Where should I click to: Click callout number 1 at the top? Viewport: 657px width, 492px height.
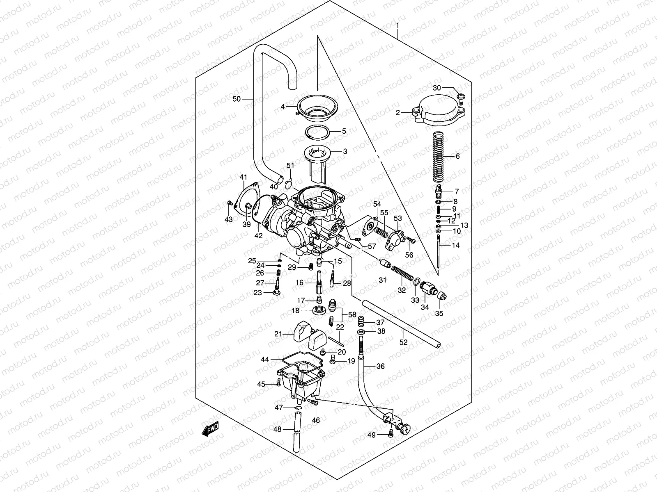[397, 26]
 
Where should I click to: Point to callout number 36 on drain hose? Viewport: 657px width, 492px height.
[380, 366]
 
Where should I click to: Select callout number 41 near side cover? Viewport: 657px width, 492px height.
[244, 177]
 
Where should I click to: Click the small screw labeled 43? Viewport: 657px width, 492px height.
[230, 203]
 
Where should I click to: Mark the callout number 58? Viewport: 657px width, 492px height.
[352, 314]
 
